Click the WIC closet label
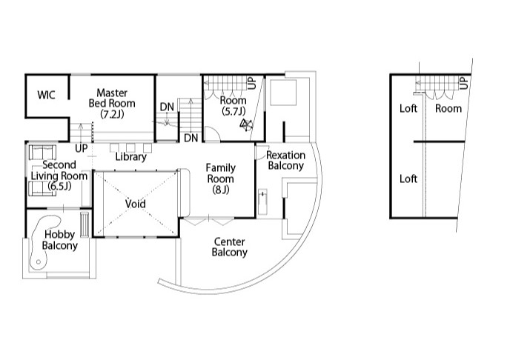pyautogui.click(x=46, y=96)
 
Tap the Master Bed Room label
pyautogui.click(x=112, y=103)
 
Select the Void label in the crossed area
pyautogui.click(x=136, y=204)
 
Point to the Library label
pyautogui.click(x=130, y=157)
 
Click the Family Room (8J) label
pyautogui.click(x=220, y=179)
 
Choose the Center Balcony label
pyautogui.click(x=229, y=247)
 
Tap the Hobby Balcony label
pyautogui.click(x=60, y=240)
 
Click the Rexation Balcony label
pyautogui.click(x=285, y=160)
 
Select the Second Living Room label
pyautogui.click(x=59, y=176)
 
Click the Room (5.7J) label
pyautogui.click(x=234, y=106)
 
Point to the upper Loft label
pyautogui.click(x=408, y=108)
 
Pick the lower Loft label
pyautogui.click(x=408, y=179)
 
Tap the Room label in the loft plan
pyautogui.click(x=448, y=108)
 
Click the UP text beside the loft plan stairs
pyautogui.click(x=464, y=82)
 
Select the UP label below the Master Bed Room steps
pyautogui.click(x=82, y=148)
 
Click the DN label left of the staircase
pyautogui.click(x=167, y=107)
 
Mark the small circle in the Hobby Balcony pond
pyautogui.click(x=39, y=262)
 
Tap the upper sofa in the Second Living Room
pyautogui.click(x=42, y=153)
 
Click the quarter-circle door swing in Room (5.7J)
pyautogui.click(x=213, y=134)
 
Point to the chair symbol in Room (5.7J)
pyautogui.click(x=246, y=125)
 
